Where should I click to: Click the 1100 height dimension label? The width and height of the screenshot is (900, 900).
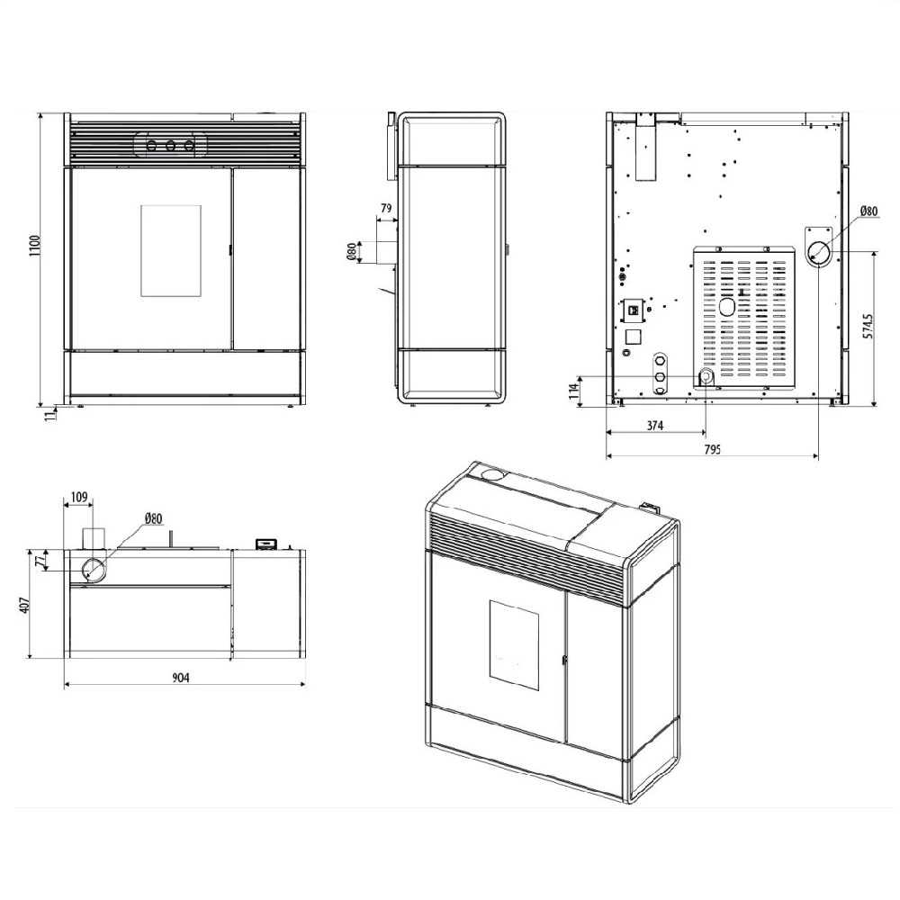36,246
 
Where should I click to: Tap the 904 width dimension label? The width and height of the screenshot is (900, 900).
181,678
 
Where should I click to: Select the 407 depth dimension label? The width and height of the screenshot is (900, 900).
23,605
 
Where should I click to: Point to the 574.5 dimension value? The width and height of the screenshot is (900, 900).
868,326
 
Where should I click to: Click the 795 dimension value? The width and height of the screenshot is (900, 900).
711,449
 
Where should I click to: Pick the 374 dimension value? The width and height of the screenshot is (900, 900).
655,426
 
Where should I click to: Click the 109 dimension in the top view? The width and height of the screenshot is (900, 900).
78,497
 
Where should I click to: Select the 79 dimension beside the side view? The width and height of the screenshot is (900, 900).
386,208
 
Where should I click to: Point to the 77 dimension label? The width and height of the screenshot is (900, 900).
39,561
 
